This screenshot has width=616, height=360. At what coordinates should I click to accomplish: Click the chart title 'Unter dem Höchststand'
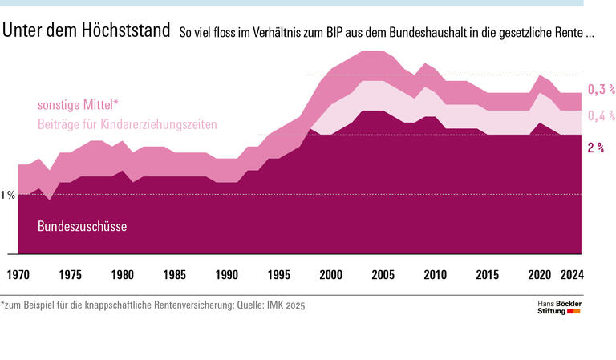click(x=86, y=32)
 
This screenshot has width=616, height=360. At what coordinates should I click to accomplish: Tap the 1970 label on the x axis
click(x=18, y=275)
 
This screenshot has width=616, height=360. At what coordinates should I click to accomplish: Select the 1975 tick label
click(x=71, y=275)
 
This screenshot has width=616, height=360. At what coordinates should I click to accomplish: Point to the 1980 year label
click(x=123, y=275)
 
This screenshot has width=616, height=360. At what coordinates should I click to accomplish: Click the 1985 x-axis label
click(x=175, y=275)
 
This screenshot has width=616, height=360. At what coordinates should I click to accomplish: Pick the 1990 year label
click(x=227, y=275)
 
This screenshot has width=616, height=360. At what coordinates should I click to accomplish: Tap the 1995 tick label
click(x=279, y=275)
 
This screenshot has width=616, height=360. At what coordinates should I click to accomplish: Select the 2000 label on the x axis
click(x=331, y=275)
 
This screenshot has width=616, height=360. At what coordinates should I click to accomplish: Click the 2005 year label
click(x=383, y=275)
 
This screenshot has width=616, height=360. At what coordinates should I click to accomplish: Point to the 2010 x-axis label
click(x=436, y=275)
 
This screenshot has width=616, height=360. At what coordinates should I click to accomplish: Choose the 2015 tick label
click(x=488, y=275)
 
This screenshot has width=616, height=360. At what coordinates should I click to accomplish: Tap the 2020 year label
click(x=540, y=275)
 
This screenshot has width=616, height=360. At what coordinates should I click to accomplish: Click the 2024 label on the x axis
click(x=571, y=275)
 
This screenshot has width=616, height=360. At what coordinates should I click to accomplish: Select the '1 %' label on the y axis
click(x=8, y=195)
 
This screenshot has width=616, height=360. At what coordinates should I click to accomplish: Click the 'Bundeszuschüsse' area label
click(x=83, y=227)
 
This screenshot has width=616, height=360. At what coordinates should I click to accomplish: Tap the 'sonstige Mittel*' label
click(x=78, y=105)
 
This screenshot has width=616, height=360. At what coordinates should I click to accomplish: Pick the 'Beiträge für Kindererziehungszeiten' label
click(x=128, y=124)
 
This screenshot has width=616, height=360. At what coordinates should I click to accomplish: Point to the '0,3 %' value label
click(x=601, y=90)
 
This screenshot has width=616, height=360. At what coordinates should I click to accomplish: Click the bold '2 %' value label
click(x=596, y=148)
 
